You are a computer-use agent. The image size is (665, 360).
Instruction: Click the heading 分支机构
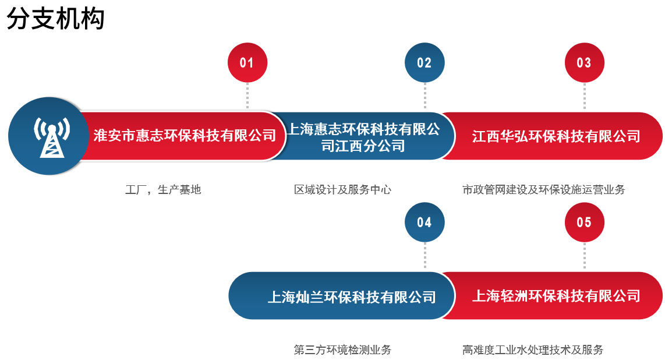[x=56, y=19]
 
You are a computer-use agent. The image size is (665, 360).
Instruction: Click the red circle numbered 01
[x=247, y=62]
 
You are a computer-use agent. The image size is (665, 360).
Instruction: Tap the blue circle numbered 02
[x=425, y=62]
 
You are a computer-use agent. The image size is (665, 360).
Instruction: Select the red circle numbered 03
[x=584, y=62]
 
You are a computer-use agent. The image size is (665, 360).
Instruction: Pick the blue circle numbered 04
[x=425, y=222]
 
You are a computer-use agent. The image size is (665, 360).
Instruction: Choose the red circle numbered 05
[x=584, y=222]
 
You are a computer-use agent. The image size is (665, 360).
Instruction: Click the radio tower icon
[x=52, y=136]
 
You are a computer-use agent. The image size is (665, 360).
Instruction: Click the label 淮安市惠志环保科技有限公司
[x=185, y=136]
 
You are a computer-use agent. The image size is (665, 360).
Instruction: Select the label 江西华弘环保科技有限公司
[x=556, y=136]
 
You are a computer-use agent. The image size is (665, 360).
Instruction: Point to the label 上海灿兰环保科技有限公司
[x=351, y=297]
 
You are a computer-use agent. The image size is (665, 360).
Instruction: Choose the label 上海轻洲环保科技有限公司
[x=556, y=296]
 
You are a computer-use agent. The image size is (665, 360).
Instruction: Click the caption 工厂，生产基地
[x=163, y=190]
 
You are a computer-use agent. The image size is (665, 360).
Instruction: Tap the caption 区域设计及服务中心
[x=342, y=190]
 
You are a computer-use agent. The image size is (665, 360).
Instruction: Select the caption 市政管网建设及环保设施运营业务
[x=543, y=190]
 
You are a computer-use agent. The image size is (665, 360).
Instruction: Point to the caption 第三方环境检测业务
[x=342, y=350]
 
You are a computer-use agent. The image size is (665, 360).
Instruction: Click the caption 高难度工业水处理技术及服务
[x=533, y=350]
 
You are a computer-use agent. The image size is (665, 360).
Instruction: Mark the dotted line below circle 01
[x=247, y=96]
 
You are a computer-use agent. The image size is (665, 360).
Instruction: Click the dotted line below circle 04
[x=425, y=256]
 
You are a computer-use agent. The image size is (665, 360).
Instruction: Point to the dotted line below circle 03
[x=584, y=96]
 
